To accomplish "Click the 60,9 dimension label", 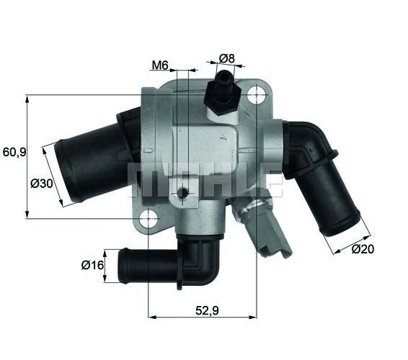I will [14, 152].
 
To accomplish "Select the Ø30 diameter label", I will [43, 183].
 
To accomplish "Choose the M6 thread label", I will [159, 66].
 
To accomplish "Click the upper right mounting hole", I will [257, 95].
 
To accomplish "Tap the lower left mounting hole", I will [148, 216].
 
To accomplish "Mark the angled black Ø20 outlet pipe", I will [328, 194].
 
